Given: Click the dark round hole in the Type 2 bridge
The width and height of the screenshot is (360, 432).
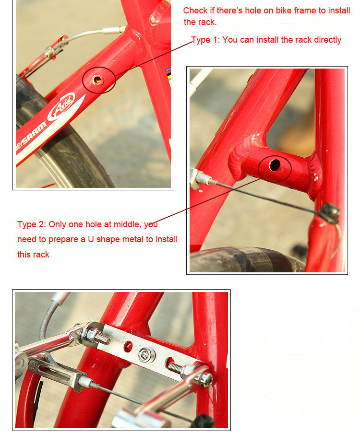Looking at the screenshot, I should [275, 165].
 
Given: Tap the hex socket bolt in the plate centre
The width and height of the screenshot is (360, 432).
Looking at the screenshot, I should [145, 355].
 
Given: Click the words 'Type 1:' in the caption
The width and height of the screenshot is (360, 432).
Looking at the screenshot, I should [205, 40].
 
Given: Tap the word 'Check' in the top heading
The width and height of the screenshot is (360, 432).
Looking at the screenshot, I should [195, 11].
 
